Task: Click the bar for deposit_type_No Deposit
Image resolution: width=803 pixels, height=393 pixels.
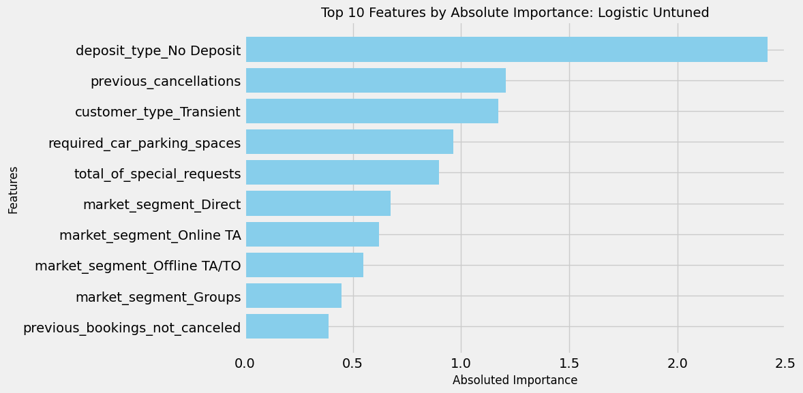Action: click(x=506, y=50)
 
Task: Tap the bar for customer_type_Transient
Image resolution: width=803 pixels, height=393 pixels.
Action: click(x=372, y=111)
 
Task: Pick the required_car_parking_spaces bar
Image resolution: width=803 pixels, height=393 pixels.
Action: click(x=349, y=142)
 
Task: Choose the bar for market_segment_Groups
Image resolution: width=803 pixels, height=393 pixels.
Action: click(x=293, y=296)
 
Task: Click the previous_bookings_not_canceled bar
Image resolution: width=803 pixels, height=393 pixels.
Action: click(x=287, y=326)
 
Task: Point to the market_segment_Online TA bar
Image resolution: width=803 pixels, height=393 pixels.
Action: click(x=312, y=234)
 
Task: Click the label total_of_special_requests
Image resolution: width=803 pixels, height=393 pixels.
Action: click(x=157, y=174)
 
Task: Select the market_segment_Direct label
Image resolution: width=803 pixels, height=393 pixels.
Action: click(x=162, y=204)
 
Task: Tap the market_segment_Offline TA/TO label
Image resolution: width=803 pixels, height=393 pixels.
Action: click(x=138, y=266)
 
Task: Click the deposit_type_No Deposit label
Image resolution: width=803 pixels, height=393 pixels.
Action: click(x=158, y=50)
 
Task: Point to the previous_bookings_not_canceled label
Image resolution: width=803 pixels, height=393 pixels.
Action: click(x=132, y=328)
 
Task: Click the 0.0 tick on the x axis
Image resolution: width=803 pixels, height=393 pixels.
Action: click(x=245, y=364)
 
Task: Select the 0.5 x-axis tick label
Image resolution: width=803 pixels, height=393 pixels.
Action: click(x=353, y=364)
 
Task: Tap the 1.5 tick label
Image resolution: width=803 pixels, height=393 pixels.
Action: click(x=569, y=364)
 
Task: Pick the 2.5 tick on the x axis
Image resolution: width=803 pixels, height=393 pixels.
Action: click(x=785, y=364)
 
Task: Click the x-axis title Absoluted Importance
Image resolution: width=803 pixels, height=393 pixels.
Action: click(x=515, y=380)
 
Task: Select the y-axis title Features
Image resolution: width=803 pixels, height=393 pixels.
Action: click(x=14, y=190)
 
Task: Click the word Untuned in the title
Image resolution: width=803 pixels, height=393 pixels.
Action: click(x=679, y=12)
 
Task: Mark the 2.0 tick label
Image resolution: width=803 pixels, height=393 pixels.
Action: click(x=678, y=364)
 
